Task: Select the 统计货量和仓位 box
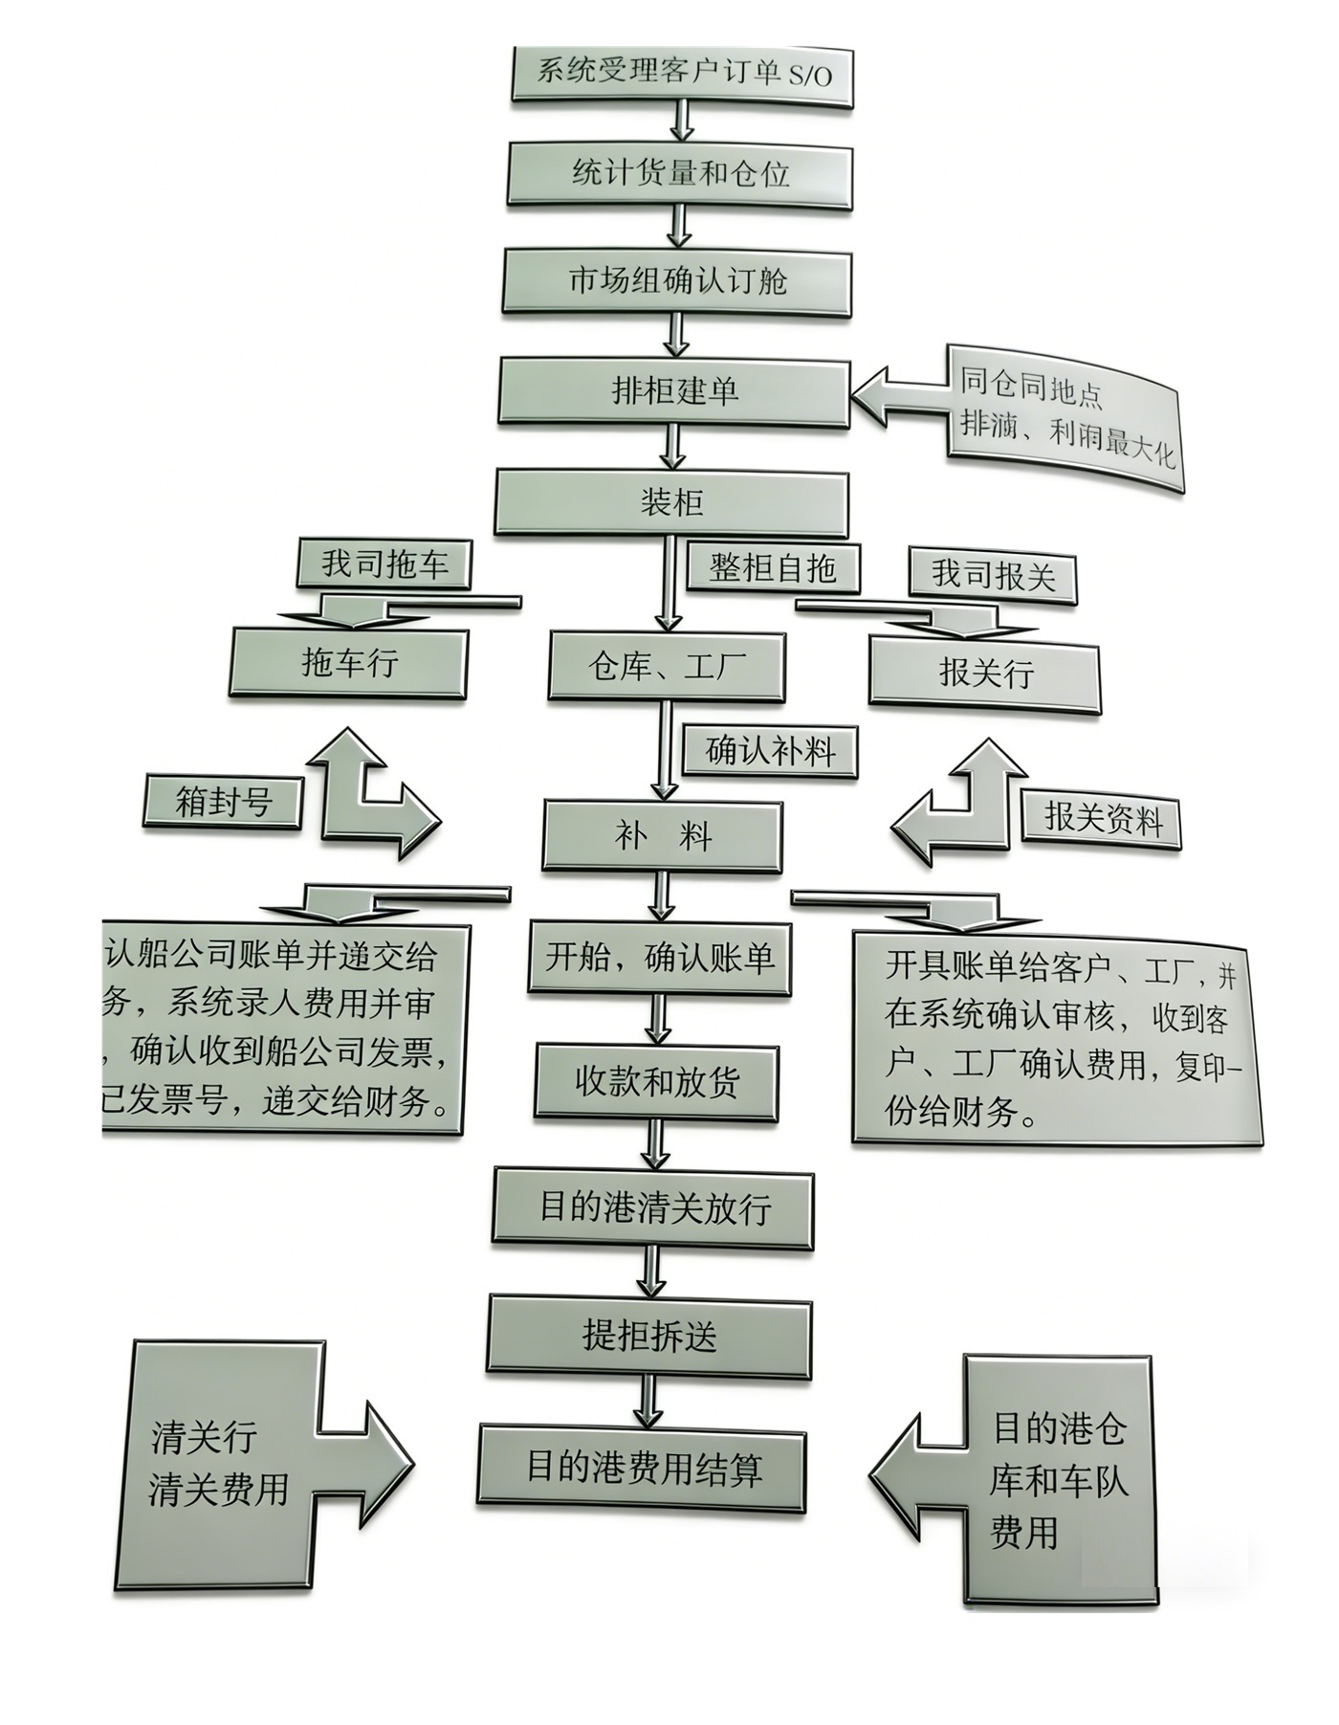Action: tap(679, 174)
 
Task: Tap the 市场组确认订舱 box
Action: tap(676, 281)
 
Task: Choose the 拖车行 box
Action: tap(348, 662)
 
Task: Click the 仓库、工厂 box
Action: tap(667, 666)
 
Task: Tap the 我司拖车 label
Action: tap(384, 563)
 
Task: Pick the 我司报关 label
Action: tap(993, 575)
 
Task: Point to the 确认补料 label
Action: tap(770, 750)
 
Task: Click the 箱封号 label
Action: tap(224, 801)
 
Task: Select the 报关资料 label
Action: tap(1102, 819)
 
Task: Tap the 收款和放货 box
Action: tap(657, 1081)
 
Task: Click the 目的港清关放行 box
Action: tap(654, 1206)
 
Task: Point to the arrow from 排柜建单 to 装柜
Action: tap(673, 447)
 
